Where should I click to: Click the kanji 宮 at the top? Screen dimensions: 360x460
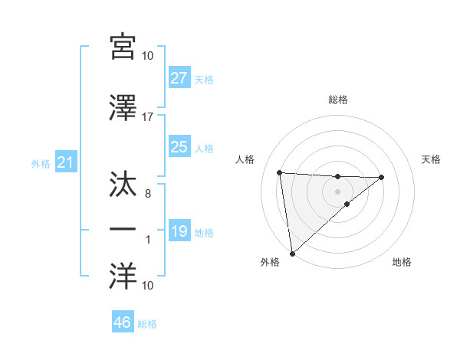[x=123, y=47]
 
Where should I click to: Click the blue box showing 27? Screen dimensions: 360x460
[x=179, y=78]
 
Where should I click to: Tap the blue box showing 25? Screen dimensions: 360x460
[x=179, y=147]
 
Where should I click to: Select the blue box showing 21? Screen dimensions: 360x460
[x=65, y=162]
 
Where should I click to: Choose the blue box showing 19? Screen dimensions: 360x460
[x=179, y=231]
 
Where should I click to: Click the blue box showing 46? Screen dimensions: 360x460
[x=123, y=322]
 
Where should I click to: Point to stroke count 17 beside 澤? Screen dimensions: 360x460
[x=148, y=117]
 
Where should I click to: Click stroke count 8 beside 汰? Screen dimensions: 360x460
[x=148, y=195]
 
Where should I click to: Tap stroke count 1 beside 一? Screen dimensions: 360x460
[x=148, y=241]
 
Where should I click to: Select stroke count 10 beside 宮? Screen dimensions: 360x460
[x=148, y=56]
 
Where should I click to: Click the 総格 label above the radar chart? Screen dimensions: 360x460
[x=337, y=100]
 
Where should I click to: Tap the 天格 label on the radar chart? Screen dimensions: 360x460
[x=431, y=159]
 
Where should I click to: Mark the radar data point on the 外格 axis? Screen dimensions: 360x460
[x=292, y=253]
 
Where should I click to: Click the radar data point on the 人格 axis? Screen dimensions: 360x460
[x=280, y=172]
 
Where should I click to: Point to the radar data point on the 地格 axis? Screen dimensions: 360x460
[x=347, y=204]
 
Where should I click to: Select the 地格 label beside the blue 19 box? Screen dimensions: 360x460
[x=205, y=232]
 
